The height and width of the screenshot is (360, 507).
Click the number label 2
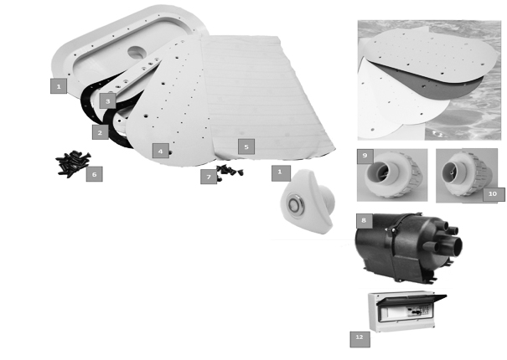point(101,132)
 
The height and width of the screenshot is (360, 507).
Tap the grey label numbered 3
point(107,101)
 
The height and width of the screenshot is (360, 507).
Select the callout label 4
point(161,151)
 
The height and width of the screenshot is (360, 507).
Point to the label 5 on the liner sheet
point(246,147)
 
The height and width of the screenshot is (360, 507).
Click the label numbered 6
point(94,174)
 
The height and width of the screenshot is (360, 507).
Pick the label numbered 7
point(209,177)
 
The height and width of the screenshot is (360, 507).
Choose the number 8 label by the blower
point(364,220)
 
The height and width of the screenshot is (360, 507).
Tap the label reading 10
point(493,194)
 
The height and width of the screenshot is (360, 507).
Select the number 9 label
point(365,156)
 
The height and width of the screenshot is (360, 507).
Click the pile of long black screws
point(73,163)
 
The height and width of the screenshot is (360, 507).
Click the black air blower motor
point(408,249)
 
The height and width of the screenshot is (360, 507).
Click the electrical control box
point(406,311)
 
